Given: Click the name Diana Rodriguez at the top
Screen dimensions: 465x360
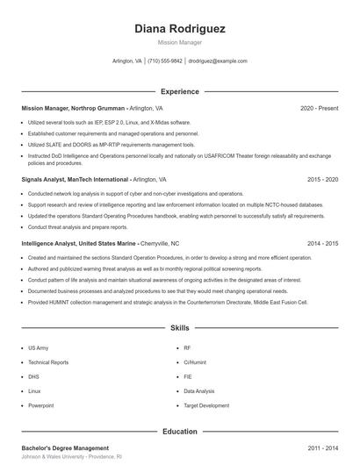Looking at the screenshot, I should coord(180,29).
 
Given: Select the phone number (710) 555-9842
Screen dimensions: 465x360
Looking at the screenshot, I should coord(165,61).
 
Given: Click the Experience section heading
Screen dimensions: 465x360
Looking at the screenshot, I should coord(180,91).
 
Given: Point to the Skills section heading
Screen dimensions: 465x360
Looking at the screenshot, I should coord(180,327).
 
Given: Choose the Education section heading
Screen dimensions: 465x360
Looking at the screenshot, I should coord(180,432).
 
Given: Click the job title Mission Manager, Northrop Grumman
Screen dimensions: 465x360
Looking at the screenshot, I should coord(75,108).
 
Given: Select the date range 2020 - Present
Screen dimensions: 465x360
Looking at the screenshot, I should coord(319,108).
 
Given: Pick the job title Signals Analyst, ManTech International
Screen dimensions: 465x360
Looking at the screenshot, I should coord(76,179).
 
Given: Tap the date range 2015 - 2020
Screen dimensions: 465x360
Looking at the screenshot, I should coord(322,179).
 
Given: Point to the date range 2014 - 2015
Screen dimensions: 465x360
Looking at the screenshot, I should coord(322,243).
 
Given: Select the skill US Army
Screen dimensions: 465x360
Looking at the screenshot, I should coord(38,347).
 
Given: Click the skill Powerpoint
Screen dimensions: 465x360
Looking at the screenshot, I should coord(41,405).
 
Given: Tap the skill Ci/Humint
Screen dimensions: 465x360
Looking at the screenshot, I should coord(194,362).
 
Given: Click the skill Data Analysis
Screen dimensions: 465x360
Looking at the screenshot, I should coord(198,391).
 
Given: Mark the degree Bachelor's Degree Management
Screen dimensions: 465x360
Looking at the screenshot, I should coord(65,448).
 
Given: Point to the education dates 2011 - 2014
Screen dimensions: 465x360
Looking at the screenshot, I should coord(322,448).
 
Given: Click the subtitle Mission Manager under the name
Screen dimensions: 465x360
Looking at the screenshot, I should coord(180,41).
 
